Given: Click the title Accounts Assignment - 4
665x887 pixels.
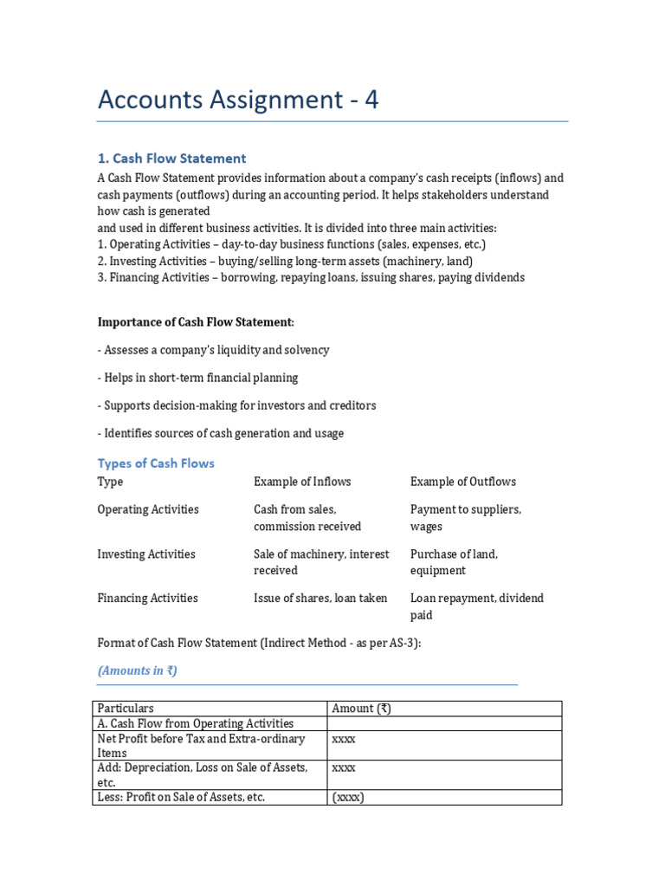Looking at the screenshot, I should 238,100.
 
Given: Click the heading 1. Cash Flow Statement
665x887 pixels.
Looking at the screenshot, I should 171,159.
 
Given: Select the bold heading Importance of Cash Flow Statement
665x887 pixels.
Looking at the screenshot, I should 196,322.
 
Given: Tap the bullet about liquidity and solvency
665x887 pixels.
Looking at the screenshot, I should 213,350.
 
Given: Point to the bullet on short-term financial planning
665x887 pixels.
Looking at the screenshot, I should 197,378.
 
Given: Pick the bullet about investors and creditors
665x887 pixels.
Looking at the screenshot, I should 236,405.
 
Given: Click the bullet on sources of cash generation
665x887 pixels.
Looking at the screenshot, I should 220,433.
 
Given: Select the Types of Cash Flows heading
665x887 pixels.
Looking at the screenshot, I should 156,463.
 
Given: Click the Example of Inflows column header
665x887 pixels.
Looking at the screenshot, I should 302,482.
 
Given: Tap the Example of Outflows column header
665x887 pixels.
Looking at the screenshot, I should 462,482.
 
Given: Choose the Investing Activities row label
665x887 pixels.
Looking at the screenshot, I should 146,554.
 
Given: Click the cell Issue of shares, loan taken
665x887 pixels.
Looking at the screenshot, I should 320,599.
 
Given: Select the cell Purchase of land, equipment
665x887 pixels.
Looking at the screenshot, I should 454,562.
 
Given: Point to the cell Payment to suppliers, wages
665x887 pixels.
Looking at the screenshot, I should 465,518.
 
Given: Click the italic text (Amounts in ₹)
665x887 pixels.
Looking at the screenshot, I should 138,670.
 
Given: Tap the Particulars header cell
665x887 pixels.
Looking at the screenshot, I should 126,709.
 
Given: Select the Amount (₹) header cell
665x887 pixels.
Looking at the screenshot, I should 361,709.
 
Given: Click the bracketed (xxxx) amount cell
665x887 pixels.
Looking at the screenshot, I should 348,797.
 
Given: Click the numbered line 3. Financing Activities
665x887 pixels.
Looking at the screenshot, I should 311,278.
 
